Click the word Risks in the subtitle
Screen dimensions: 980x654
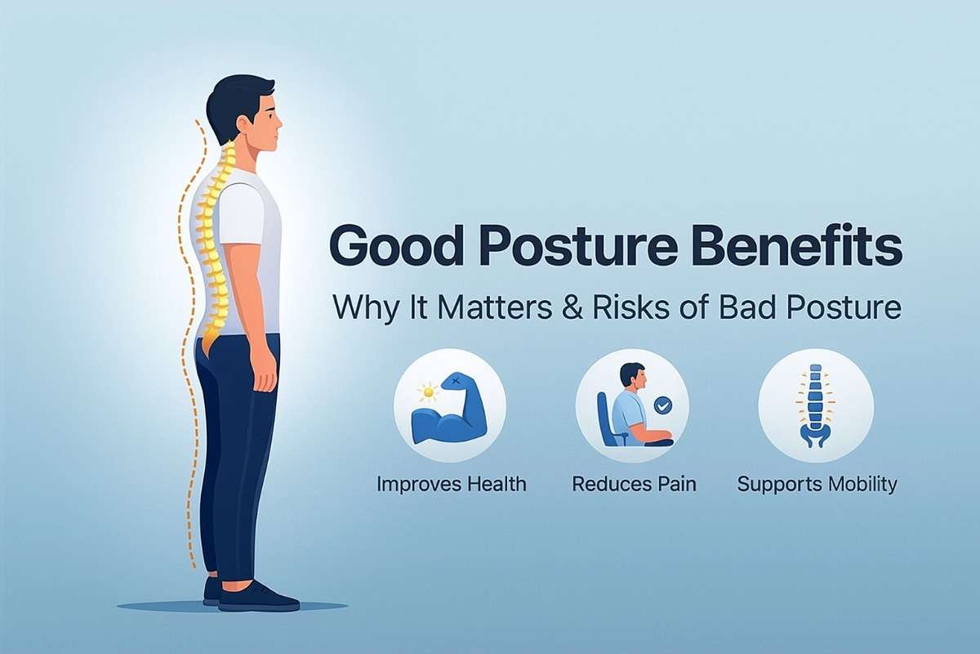[x=630, y=307]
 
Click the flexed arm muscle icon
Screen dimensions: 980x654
[x=450, y=410]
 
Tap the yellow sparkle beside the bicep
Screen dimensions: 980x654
[x=428, y=391]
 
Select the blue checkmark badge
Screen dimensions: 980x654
[x=663, y=405]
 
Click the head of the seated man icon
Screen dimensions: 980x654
[x=632, y=378]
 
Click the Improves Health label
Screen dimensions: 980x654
[x=452, y=485]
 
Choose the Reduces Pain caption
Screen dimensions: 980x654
[x=634, y=485]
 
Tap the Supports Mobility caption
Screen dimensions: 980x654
[x=817, y=485]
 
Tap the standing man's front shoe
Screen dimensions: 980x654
[x=259, y=596]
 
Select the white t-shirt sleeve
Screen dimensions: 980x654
[x=242, y=215]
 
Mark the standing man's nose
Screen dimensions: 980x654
[x=280, y=123]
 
